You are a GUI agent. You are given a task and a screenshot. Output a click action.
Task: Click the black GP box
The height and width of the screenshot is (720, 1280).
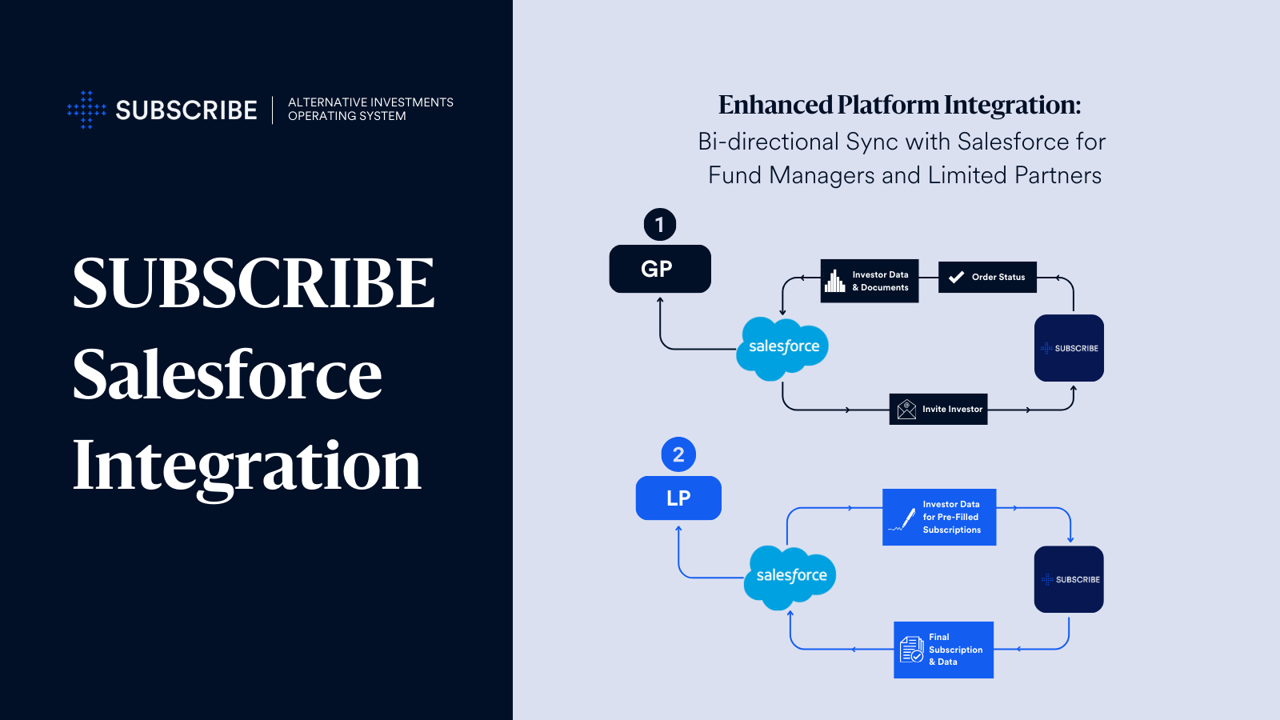click(660, 269)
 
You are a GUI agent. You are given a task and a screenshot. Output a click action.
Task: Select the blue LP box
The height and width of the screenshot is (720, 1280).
click(678, 498)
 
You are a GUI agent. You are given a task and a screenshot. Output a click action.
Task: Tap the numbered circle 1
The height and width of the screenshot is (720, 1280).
click(660, 225)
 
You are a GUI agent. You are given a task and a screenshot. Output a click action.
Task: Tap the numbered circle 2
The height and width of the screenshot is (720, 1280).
click(678, 454)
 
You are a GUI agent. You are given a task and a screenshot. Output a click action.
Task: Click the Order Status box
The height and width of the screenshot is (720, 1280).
click(987, 277)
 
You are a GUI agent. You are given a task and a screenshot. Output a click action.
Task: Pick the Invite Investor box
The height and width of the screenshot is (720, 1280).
click(938, 409)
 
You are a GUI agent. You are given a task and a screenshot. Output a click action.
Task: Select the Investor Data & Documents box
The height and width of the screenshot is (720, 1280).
click(870, 281)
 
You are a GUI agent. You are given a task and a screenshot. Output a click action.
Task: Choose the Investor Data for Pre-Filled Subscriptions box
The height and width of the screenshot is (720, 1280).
click(939, 517)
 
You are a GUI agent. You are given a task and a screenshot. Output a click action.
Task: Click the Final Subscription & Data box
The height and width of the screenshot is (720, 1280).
click(943, 650)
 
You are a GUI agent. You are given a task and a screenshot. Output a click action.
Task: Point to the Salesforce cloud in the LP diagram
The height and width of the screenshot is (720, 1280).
click(790, 577)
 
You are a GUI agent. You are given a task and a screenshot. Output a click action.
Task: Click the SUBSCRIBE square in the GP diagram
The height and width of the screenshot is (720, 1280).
click(1069, 348)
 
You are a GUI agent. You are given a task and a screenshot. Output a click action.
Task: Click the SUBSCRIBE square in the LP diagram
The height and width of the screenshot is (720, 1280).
click(1069, 579)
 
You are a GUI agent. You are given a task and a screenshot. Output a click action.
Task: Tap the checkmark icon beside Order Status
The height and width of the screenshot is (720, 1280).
click(956, 277)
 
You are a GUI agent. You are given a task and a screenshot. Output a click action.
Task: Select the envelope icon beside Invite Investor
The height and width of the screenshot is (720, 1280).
click(906, 410)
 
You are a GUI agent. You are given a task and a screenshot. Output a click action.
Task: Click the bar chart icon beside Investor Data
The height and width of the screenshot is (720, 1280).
click(835, 281)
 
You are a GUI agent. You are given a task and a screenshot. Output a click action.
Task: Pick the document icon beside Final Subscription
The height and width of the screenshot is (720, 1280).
click(912, 650)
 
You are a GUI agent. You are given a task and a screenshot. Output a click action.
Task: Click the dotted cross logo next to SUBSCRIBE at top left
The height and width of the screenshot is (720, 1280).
click(86, 110)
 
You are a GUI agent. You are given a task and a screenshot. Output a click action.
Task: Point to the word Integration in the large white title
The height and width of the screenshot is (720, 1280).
click(246, 466)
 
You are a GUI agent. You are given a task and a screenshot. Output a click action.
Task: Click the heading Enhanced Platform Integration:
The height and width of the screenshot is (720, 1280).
click(899, 105)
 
